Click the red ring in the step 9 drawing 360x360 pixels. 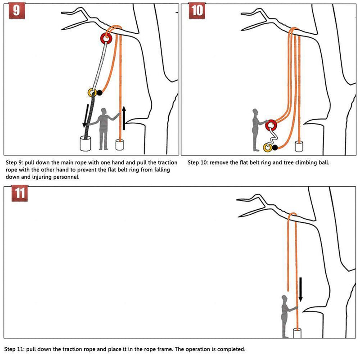pyautogui.click(x=107, y=39)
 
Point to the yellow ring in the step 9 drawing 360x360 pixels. pyautogui.click(x=92, y=93)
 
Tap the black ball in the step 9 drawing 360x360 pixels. pyautogui.click(x=99, y=93)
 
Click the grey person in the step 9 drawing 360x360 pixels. pyautogui.click(x=104, y=128)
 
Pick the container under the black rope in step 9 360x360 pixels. pyautogui.click(x=85, y=143)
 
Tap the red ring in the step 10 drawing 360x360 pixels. pyautogui.click(x=271, y=126)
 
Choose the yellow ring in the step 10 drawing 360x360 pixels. pyautogui.click(x=267, y=147)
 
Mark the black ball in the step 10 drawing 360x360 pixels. pyautogui.click(x=275, y=147)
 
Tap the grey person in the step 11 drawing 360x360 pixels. pyautogui.click(x=285, y=316)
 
